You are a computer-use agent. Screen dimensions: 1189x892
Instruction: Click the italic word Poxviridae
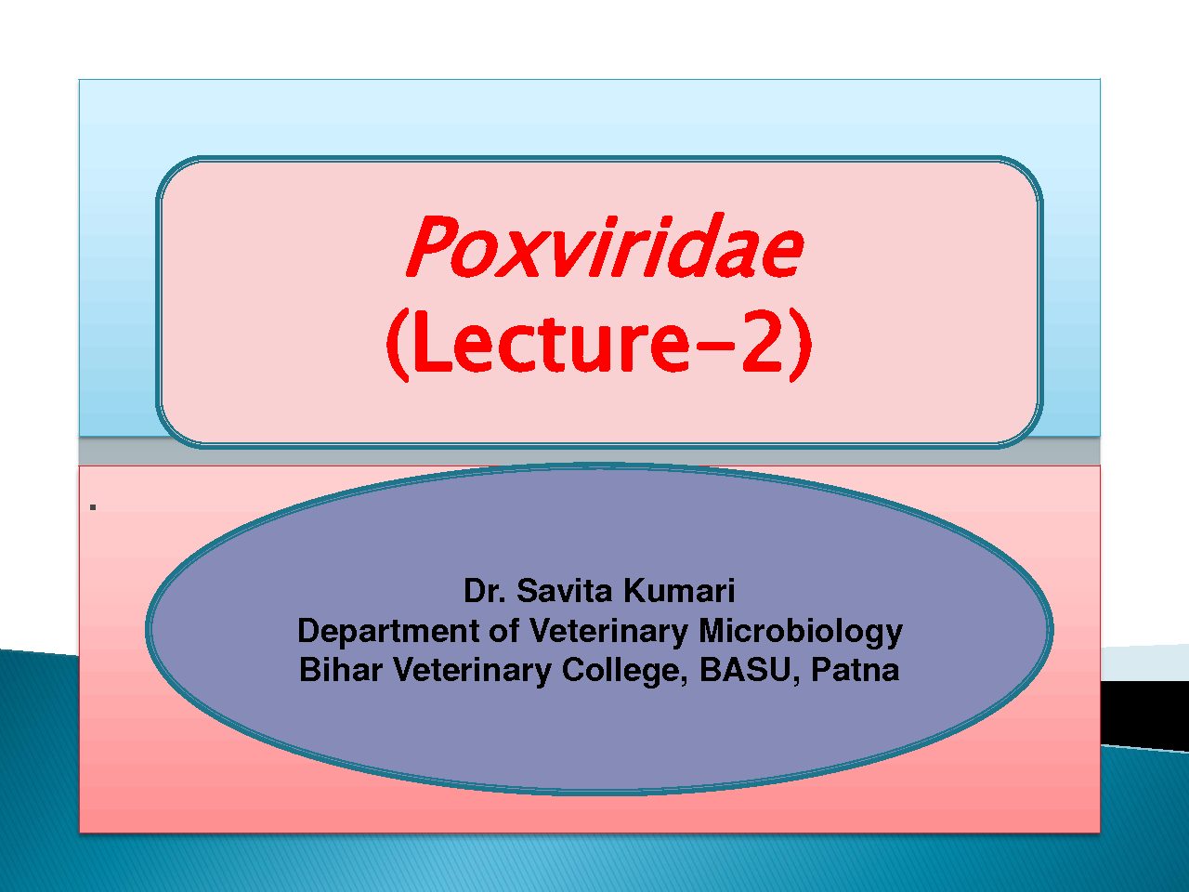tap(605, 246)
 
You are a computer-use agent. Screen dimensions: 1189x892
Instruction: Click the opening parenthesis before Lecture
tap(397, 346)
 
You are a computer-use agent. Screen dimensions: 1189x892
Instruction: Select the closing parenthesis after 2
tap(801, 346)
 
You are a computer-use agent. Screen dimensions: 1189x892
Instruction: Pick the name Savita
tap(566, 591)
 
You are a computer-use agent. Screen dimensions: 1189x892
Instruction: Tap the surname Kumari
tap(680, 591)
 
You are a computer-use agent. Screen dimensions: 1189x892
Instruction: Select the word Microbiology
tap(801, 632)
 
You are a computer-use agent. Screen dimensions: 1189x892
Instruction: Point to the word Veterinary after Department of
tap(608, 632)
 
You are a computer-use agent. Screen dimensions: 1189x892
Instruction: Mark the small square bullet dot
tap(93, 507)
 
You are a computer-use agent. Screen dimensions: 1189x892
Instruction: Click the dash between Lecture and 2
tap(713, 351)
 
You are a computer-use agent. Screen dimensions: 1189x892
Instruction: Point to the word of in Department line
tap(503, 631)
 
